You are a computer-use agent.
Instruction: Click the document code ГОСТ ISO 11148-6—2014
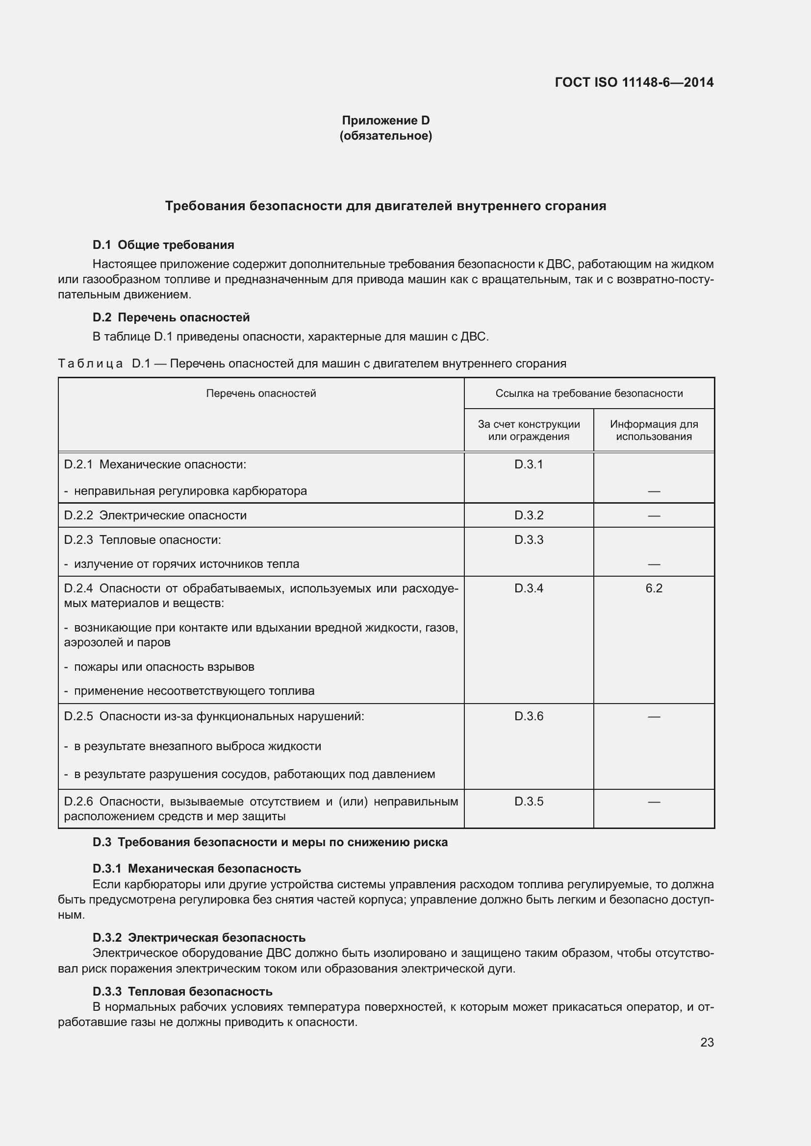tap(634, 82)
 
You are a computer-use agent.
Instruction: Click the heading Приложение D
tap(385, 121)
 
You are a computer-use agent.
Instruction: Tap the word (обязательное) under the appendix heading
tap(385, 136)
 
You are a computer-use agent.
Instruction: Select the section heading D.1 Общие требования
tap(163, 244)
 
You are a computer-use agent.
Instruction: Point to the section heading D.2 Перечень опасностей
tap(171, 317)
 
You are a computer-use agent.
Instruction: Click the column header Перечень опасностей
tap(261, 393)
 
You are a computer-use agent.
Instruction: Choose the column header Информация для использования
tap(653, 430)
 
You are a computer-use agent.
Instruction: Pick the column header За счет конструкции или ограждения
tap(529, 430)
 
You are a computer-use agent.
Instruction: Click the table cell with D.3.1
tap(529, 464)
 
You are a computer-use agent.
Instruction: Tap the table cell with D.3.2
tap(529, 515)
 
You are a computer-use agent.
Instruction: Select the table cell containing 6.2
tap(653, 588)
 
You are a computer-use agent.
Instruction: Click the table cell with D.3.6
tap(529, 716)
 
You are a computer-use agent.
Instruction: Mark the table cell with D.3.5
tap(529, 801)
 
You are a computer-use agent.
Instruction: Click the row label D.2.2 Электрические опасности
tap(155, 515)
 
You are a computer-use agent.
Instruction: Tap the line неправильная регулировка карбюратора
tap(190, 490)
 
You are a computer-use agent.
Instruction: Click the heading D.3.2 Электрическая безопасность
tap(199, 937)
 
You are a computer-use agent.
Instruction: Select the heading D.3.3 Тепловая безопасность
tap(182, 991)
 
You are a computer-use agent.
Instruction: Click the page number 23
tap(707, 1042)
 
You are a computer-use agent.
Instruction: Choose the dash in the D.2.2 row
tap(653, 515)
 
